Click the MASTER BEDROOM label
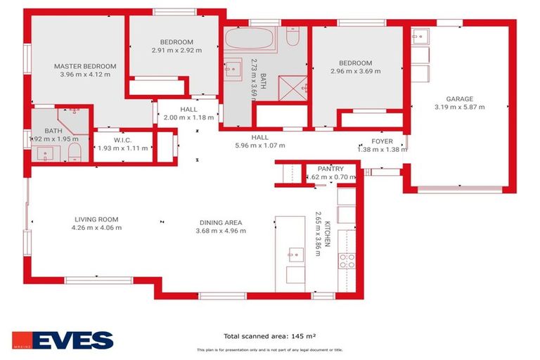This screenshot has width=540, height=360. coord(85,66)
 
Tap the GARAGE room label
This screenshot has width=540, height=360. coord(460,98)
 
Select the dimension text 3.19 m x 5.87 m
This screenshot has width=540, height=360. coord(460,107)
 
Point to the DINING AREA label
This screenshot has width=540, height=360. coord(220,223)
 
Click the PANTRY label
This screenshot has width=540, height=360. coord(330,169)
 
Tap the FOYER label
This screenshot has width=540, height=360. coord(382,141)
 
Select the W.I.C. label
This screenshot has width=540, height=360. coord(123,140)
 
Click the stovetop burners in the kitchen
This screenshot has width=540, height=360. coord(347,261)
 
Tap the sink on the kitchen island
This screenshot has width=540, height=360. coord(296,254)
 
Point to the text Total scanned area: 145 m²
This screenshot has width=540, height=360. coord(270,336)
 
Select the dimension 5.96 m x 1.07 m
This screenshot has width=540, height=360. coord(259,146)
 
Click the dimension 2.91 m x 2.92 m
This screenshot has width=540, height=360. coord(176,51)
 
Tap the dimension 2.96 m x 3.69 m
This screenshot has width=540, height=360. coord(355,70)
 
